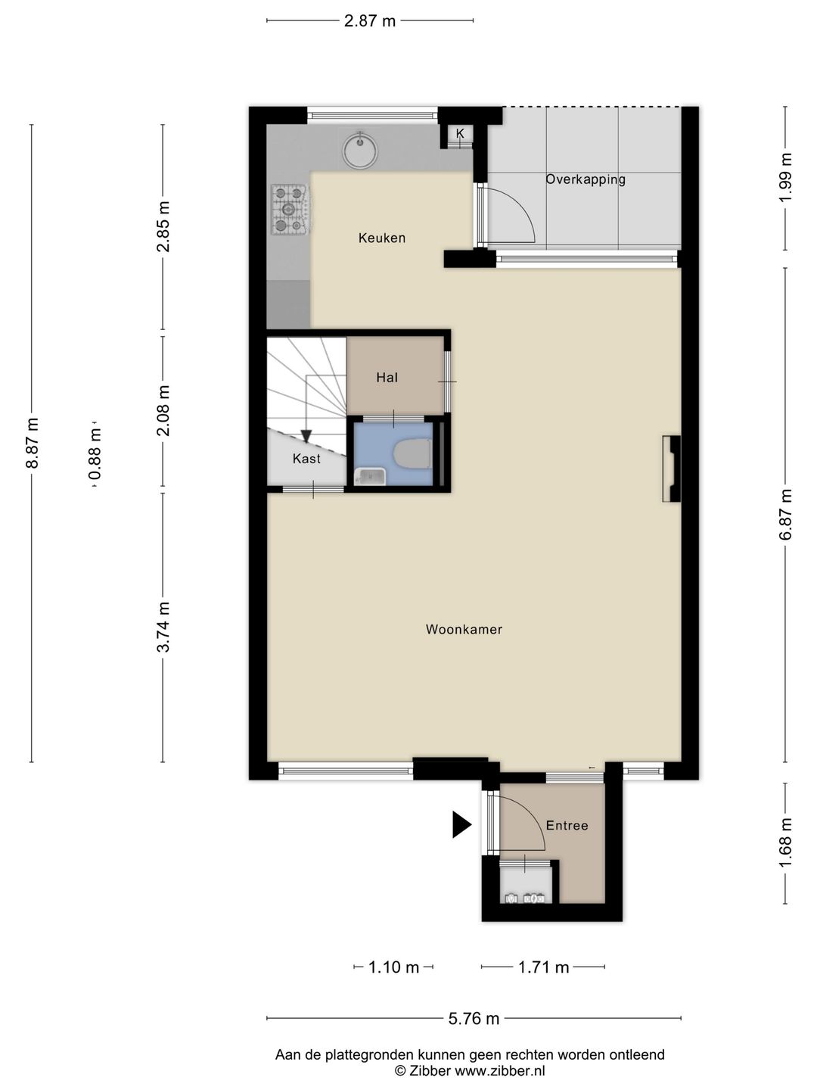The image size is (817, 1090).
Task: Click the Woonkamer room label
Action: tap(464, 630)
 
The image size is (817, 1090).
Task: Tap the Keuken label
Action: tap(382, 238)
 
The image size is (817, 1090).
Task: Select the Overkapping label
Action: tap(586, 179)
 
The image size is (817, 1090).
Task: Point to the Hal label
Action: tap(387, 378)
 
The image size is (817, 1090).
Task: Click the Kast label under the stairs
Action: tap(306, 459)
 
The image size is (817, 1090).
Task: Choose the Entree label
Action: tap(567, 825)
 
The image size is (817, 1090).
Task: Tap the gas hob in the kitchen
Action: tap(291, 209)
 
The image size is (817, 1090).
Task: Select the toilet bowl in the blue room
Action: tap(412, 453)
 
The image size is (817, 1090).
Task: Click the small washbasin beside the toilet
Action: tap(370, 477)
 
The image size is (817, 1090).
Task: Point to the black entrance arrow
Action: tap(461, 825)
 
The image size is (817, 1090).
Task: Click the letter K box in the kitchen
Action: tap(460, 133)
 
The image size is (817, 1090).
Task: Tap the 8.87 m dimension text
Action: tap(33, 443)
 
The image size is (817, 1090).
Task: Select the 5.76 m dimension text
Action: tap(474, 1019)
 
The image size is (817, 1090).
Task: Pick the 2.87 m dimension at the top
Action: tap(370, 21)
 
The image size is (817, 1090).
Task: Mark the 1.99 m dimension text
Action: tap(785, 177)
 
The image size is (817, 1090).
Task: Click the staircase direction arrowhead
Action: tap(306, 435)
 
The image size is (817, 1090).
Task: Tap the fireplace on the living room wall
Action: tap(671, 469)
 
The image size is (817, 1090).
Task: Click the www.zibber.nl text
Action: tap(500, 1070)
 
